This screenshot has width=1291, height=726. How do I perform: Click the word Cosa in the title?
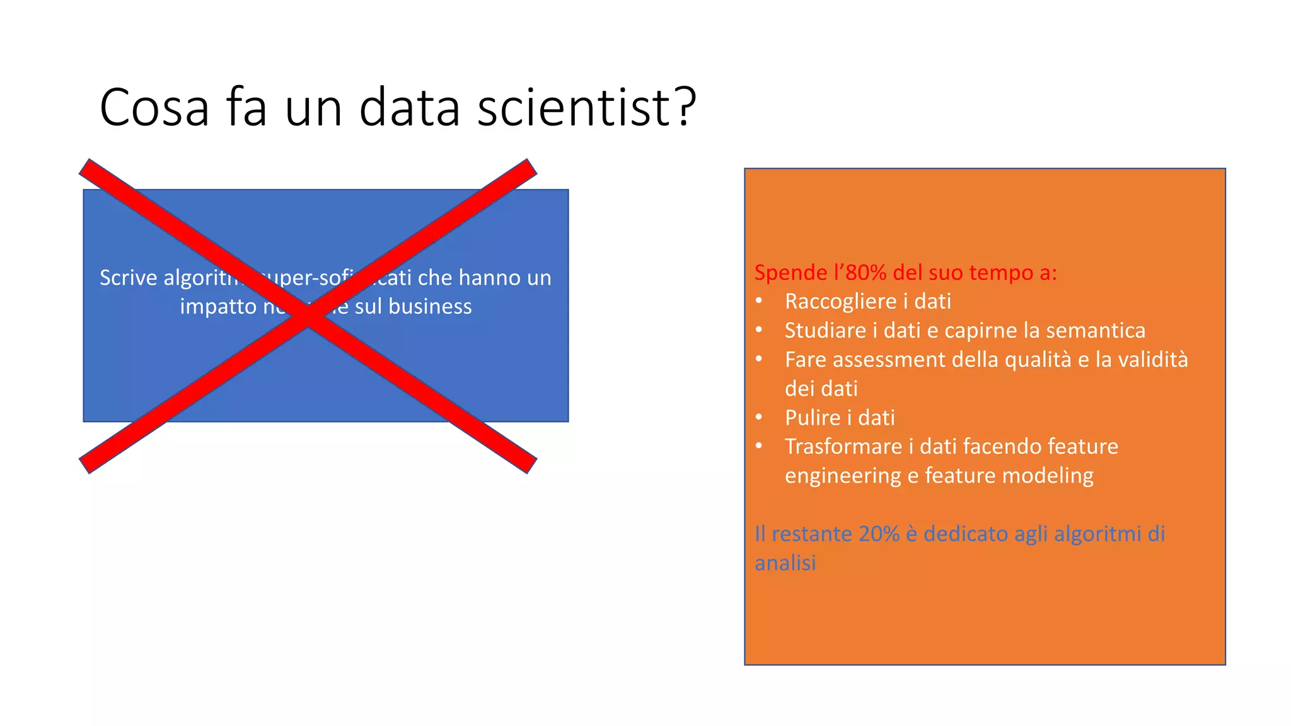(154, 107)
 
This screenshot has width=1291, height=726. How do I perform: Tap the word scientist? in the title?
(586, 107)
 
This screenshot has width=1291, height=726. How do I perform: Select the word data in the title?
(410, 107)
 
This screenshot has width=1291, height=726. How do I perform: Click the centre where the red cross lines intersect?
(308, 316)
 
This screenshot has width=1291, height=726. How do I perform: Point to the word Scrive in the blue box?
(128, 277)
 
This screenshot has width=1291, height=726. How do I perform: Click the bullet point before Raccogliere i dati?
(759, 301)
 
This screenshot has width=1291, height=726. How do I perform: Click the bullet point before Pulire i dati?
(759, 417)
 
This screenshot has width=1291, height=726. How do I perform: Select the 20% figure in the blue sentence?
(879, 534)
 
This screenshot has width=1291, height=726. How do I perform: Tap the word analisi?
(785, 563)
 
